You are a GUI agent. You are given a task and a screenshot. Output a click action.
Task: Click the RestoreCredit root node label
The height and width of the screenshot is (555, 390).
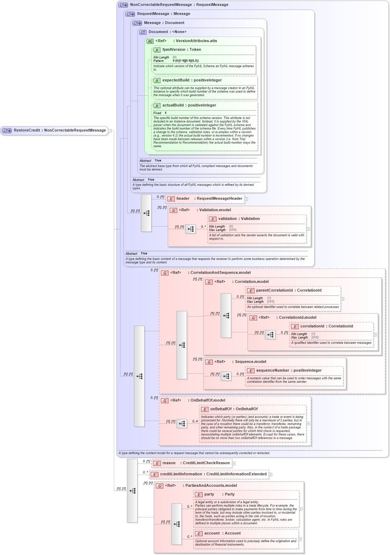(60, 130)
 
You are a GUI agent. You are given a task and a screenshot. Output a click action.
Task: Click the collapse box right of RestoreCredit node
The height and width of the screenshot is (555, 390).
(110, 131)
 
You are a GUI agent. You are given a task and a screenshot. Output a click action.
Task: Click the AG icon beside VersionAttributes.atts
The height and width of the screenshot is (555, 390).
(150, 41)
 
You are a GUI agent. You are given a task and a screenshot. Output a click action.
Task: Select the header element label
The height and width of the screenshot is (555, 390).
(183, 199)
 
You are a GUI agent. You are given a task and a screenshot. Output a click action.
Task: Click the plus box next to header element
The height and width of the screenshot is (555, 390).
(246, 199)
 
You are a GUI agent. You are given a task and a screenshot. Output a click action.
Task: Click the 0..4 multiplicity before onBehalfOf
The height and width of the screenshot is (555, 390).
(195, 421)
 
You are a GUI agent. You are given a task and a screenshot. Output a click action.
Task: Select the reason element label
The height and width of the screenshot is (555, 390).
(169, 463)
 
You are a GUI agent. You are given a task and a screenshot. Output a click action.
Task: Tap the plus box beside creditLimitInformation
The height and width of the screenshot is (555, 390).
(271, 475)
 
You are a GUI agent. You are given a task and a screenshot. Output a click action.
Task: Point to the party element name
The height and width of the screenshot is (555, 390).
(209, 494)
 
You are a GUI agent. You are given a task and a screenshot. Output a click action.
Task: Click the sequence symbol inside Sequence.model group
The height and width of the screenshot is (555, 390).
(226, 376)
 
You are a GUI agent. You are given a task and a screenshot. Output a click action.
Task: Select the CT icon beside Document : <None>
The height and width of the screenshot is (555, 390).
(143, 32)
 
